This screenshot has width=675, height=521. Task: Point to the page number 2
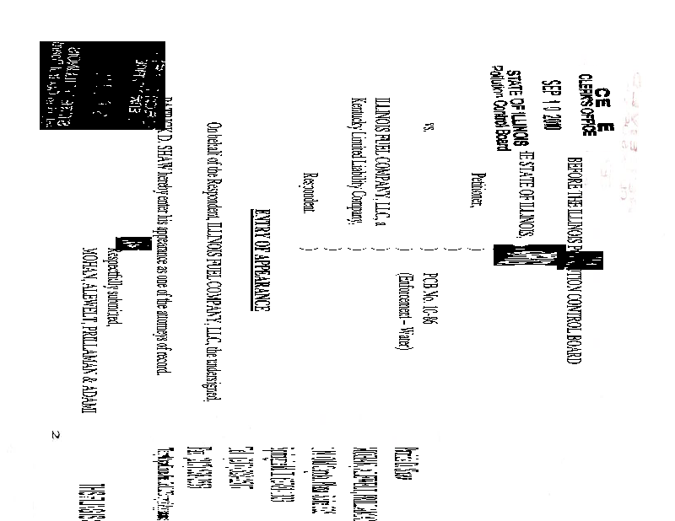55,435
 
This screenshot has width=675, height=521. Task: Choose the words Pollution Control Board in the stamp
501,109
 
